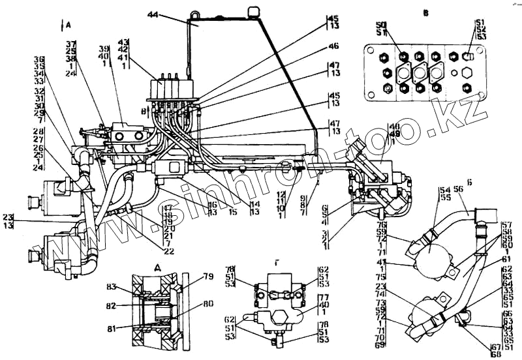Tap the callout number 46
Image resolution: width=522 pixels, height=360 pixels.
(333, 46)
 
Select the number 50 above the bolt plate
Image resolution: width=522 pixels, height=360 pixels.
(381, 25)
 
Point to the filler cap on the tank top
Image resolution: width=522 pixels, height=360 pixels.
(251, 11)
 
